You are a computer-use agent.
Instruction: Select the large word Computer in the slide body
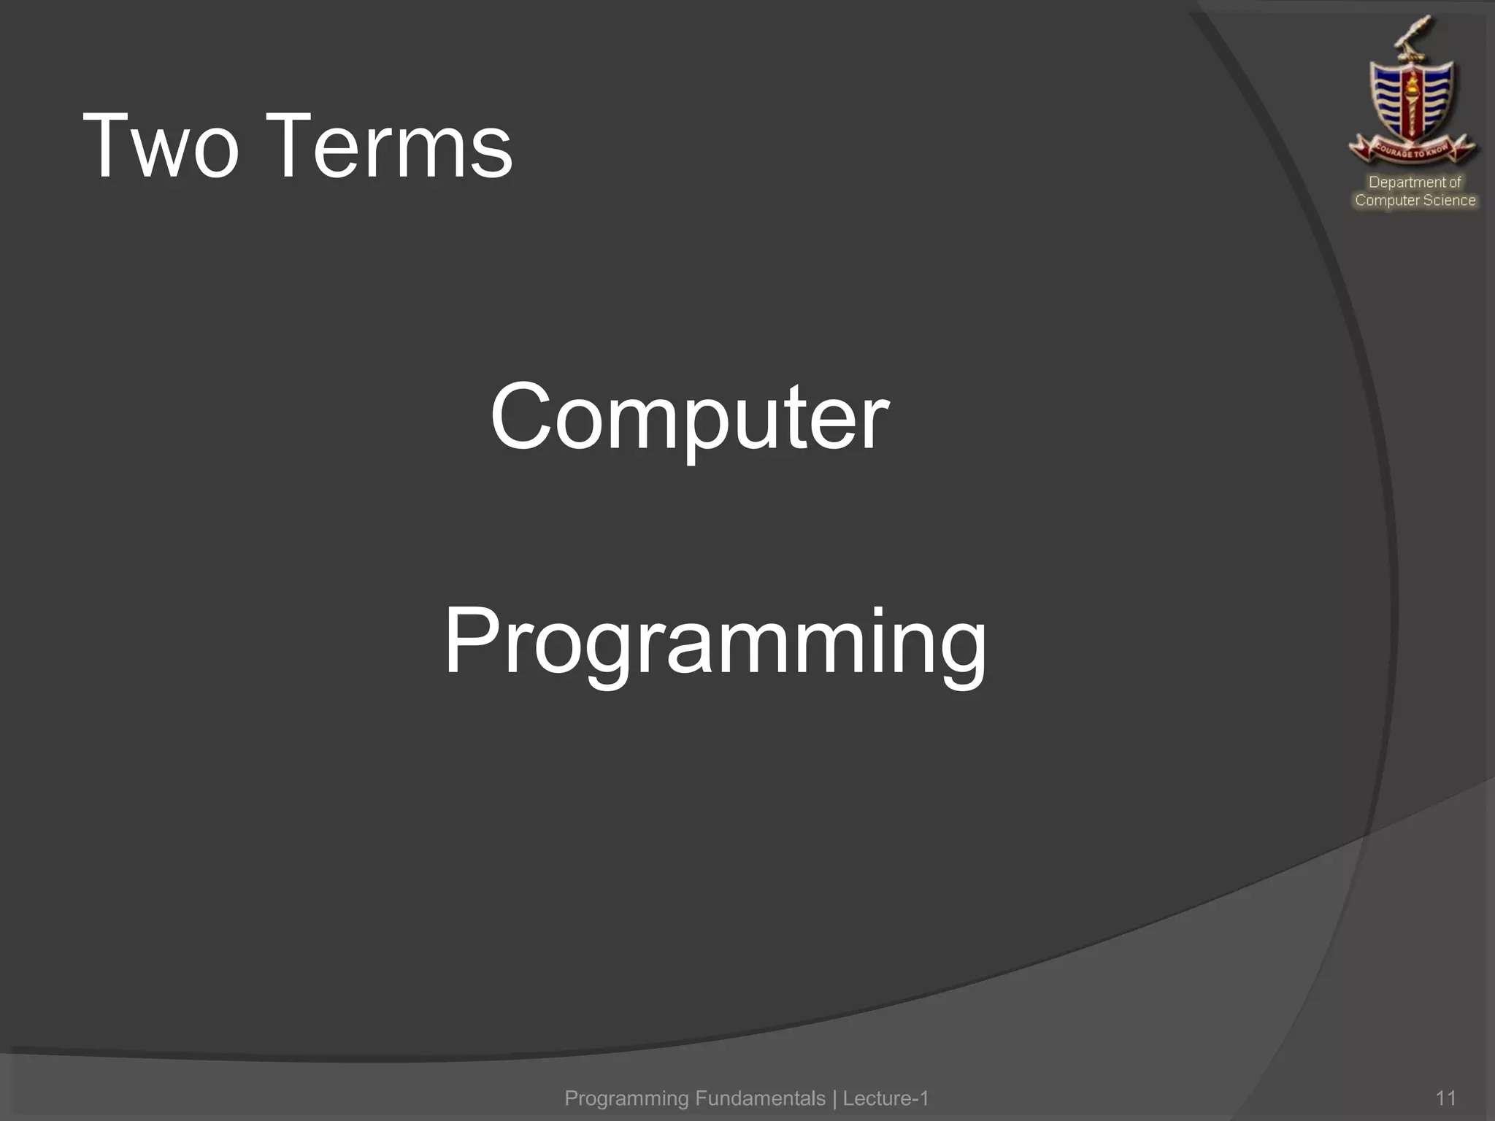689,417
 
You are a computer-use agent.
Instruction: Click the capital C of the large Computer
519,416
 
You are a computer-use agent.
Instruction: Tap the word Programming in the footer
626,1098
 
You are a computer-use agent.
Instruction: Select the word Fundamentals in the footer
760,1098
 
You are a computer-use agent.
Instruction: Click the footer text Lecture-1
885,1098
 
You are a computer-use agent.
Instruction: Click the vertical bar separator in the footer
834,1098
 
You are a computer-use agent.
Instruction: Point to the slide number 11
1445,1098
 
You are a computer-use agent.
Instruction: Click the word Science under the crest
1449,201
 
